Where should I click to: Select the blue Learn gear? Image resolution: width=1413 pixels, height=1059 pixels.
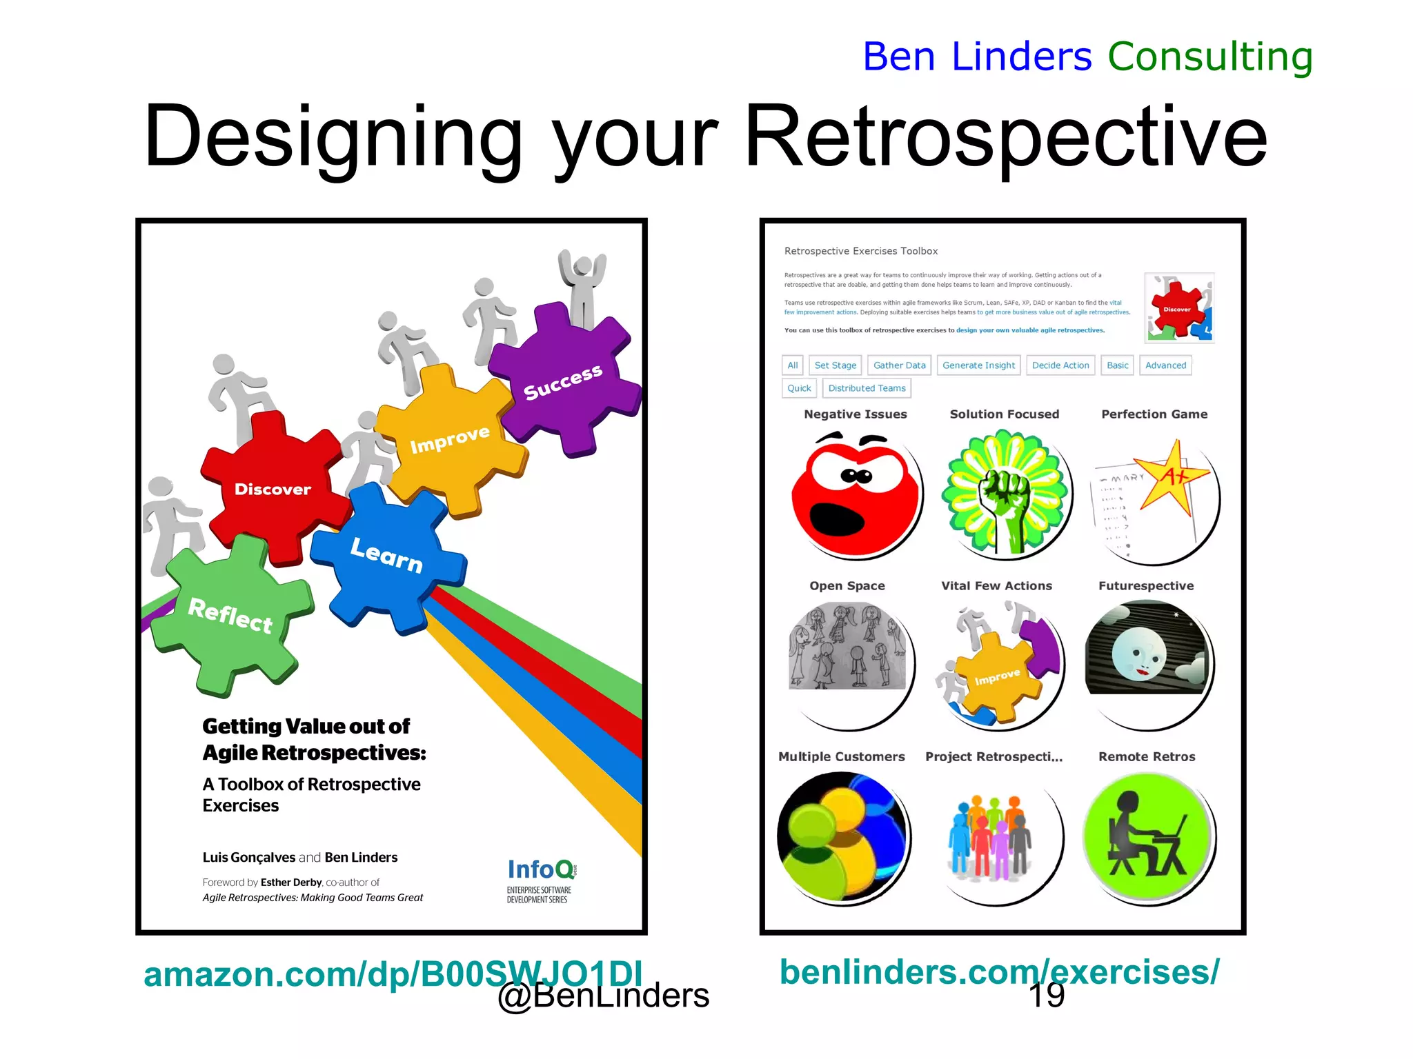point(386,555)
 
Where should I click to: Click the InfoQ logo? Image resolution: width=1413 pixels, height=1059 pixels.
point(542,870)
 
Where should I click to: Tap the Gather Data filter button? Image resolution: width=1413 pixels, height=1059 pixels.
point(899,365)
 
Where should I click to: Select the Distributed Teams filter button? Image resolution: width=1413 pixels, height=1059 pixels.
point(867,388)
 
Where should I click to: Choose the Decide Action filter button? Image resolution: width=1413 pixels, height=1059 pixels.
point(1060,365)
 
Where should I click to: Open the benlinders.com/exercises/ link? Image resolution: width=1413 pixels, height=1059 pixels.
point(999,972)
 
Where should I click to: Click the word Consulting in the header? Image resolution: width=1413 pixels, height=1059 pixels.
point(1210,57)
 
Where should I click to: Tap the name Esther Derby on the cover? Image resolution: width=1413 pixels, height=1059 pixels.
point(290,882)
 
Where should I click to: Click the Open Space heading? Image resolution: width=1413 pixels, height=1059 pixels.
point(847,585)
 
